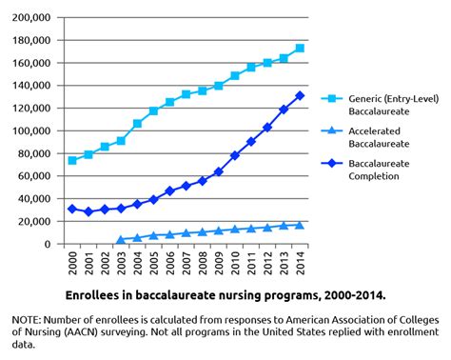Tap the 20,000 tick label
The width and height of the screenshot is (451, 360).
tap(33, 222)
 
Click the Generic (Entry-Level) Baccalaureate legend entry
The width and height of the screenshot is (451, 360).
tap(383, 102)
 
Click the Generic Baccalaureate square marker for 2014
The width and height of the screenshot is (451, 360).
tap(301, 49)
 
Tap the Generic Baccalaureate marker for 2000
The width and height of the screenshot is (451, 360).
tap(72, 161)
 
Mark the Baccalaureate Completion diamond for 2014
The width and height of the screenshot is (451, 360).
tap(301, 95)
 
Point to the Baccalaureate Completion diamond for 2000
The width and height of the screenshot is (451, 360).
tap(72, 209)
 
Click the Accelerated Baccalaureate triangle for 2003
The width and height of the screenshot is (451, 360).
tap(121, 239)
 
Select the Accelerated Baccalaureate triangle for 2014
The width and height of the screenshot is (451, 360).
tap(301, 225)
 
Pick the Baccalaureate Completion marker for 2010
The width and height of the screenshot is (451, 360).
tap(235, 155)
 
